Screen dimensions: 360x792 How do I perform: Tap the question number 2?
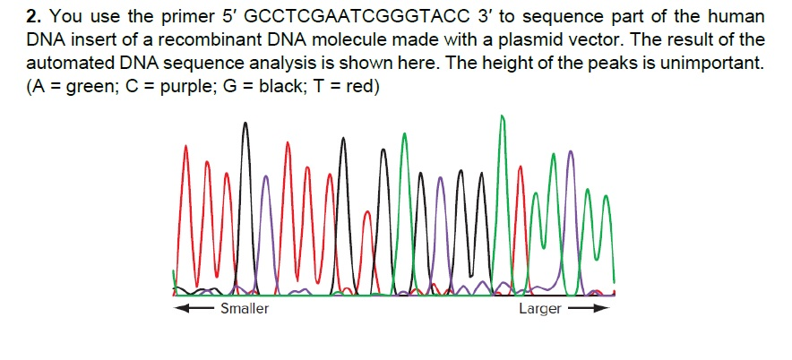[32, 17]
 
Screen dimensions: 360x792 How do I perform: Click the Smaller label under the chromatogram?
[244, 309]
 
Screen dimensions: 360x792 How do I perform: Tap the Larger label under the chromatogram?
[539, 309]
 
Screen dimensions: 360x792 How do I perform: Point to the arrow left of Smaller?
[195, 309]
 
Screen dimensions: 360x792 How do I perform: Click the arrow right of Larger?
[590, 309]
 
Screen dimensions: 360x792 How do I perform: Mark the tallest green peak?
[501, 121]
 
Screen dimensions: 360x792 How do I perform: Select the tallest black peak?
[245, 125]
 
